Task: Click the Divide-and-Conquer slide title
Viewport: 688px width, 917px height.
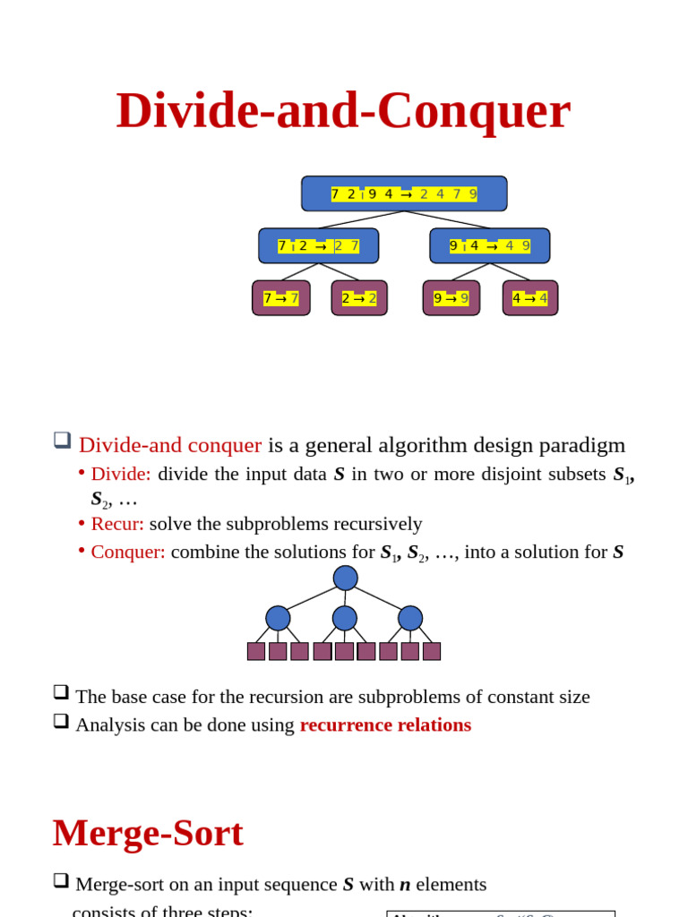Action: click(x=343, y=110)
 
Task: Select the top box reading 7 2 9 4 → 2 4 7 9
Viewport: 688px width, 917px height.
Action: click(x=404, y=193)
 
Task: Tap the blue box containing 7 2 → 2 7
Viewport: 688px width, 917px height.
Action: click(x=318, y=245)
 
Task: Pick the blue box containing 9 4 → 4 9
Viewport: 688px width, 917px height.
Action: click(x=489, y=245)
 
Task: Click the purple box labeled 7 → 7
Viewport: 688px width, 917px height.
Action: click(x=281, y=298)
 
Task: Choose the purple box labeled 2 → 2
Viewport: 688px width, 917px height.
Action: click(x=359, y=298)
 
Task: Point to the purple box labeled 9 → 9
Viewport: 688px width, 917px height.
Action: click(x=451, y=298)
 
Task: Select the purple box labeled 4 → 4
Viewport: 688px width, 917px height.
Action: click(x=529, y=298)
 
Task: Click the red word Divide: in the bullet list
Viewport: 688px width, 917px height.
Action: click(x=121, y=474)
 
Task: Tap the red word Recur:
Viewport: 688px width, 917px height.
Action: click(x=117, y=524)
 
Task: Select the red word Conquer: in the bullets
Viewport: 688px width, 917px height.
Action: click(x=128, y=552)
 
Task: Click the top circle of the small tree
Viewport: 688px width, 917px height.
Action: click(x=345, y=578)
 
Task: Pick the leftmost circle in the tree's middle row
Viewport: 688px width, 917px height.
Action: click(x=278, y=618)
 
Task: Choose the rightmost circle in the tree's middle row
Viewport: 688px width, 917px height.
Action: click(x=410, y=618)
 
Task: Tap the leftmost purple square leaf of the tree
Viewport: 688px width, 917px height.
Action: click(x=256, y=651)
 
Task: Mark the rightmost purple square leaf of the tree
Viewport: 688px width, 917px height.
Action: click(x=432, y=651)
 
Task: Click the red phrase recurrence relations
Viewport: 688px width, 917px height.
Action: click(x=385, y=724)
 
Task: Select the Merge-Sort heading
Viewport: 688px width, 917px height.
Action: click(x=148, y=833)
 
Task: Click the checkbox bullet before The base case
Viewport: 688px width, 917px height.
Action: click(x=61, y=692)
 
